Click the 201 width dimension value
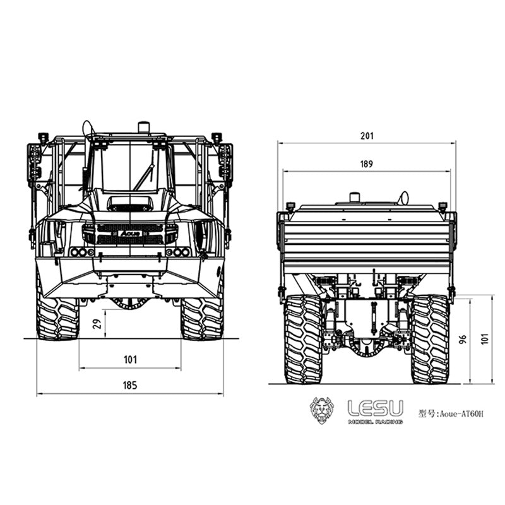tap(367, 136)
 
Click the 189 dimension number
tap(367, 164)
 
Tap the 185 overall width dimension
tap(130, 385)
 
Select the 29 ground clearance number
tap(97, 323)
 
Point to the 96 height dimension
tap(463, 340)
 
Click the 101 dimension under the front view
tap(131, 359)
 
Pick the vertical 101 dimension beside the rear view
tap(485, 339)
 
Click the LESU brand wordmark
tap(375, 408)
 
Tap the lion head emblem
tap(322, 410)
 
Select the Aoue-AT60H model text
tap(451, 413)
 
